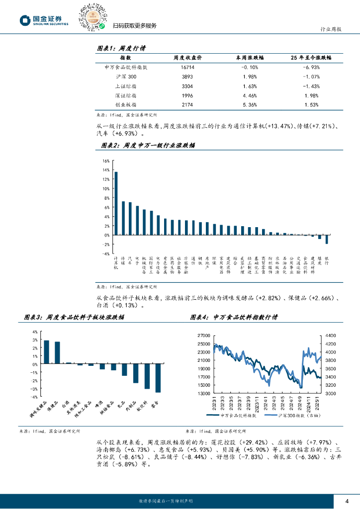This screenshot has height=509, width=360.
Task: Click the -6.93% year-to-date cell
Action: (x=311, y=67)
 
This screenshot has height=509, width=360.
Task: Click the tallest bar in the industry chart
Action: (x=116, y=203)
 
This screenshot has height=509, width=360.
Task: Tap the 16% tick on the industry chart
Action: (x=105, y=161)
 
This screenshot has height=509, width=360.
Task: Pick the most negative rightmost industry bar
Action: (x=327, y=239)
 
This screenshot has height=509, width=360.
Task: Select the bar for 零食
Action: (x=158, y=378)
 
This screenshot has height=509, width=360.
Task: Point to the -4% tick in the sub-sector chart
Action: (x=34, y=397)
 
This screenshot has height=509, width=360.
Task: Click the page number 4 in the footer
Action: (x=347, y=501)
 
